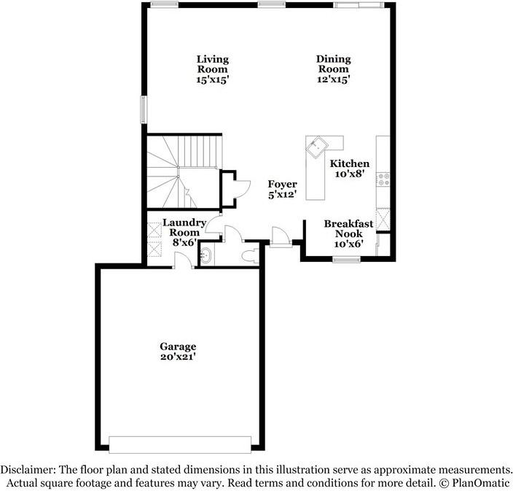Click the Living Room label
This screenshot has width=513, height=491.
coord(212,69)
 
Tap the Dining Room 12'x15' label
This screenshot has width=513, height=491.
coord(333,69)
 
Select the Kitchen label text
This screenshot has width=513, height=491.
coord(350,169)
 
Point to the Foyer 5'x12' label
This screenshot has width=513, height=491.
coord(281,190)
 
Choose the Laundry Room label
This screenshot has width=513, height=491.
coord(184,233)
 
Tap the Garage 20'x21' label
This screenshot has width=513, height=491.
coord(178,352)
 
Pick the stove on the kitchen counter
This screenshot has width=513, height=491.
coord(383,179)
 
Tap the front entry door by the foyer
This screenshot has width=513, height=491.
coord(279,237)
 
